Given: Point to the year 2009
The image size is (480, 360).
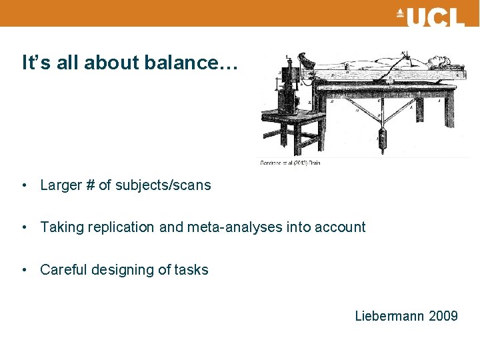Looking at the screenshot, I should [x=443, y=316].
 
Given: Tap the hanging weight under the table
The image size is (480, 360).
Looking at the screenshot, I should [x=382, y=139].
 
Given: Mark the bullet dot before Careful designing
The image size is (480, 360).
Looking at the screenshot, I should [x=24, y=270].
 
